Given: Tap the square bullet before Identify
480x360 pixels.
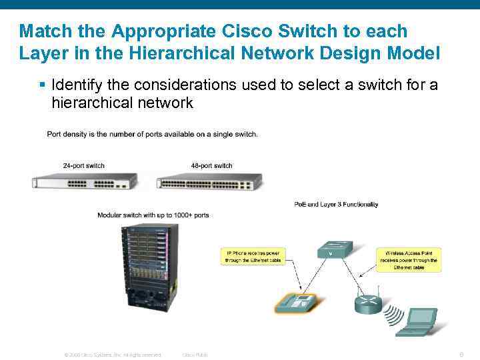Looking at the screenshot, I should point(42,85).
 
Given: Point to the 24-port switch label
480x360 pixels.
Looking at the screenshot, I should point(83,165).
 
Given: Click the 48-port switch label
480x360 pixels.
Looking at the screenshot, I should point(211,165).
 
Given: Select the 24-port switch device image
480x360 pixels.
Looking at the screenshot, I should point(85,181).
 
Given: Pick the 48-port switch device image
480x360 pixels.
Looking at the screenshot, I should point(209,181).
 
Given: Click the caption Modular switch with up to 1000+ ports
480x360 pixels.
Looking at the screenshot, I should point(153,215).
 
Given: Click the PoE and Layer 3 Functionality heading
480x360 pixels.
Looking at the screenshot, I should point(336,204).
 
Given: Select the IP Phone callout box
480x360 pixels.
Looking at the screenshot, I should point(253,257).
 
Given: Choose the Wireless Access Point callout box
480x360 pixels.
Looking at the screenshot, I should point(409,259).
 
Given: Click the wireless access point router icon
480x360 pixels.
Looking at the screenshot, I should point(369,303).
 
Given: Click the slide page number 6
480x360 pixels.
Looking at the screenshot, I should point(461,354).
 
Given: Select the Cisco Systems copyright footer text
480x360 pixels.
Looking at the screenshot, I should point(112,355).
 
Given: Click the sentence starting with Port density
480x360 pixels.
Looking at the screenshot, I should point(152,134).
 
